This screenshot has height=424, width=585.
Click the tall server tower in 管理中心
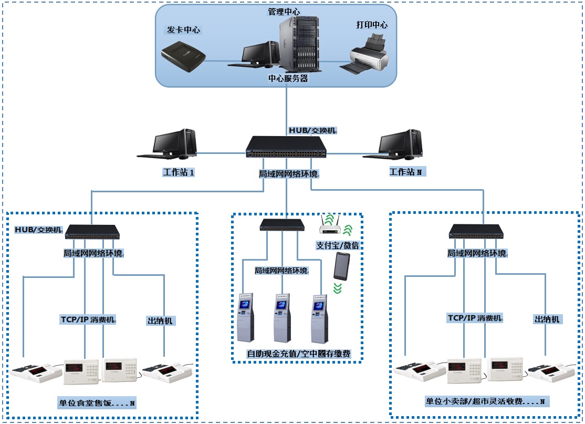point(299,44)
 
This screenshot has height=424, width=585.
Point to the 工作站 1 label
point(179,172)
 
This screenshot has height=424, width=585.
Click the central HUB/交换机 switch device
point(286,146)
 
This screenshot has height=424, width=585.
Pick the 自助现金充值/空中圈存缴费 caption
point(298,354)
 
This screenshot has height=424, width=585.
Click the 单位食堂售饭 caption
point(97,403)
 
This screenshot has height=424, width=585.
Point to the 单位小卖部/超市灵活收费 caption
point(485,401)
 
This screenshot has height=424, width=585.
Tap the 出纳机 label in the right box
point(547,319)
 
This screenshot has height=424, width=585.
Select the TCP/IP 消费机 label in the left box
point(88,319)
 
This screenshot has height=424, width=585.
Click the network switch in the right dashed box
point(478,232)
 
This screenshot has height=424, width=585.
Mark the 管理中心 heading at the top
point(284,12)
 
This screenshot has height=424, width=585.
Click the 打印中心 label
point(372,25)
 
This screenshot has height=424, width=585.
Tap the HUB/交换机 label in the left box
point(38,230)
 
